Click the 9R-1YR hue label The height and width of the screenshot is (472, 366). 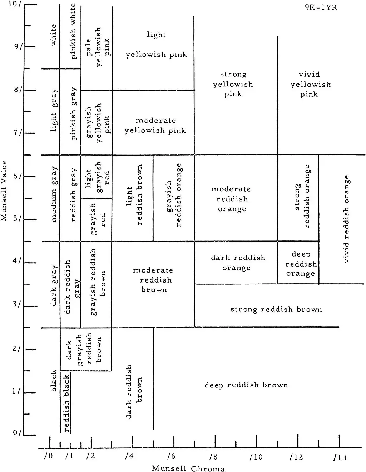[321, 7]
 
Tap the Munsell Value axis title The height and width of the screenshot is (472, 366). [4, 191]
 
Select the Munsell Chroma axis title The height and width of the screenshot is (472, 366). [188, 468]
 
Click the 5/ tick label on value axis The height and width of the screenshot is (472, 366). [18, 218]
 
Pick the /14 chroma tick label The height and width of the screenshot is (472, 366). [340, 457]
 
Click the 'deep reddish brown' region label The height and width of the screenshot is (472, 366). [246, 385]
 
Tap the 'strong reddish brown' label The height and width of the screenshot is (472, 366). [276, 309]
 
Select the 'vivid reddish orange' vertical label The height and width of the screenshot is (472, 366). [346, 219]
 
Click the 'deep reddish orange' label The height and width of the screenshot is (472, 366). [301, 264]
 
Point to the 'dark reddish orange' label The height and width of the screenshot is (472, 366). [238, 263]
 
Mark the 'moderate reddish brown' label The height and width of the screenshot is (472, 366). [154, 280]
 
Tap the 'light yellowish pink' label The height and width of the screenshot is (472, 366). [156, 45]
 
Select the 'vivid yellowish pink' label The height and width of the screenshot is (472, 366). [310, 84]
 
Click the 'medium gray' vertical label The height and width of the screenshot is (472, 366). [54, 194]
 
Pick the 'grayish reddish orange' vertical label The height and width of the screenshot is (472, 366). [174, 195]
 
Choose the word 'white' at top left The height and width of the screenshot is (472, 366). [54, 35]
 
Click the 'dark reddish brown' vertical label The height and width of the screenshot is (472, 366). [134, 391]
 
